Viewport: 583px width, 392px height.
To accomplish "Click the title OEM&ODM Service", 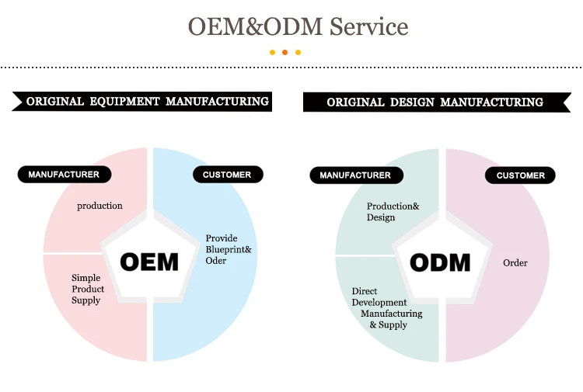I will pyautogui.click(x=298, y=27).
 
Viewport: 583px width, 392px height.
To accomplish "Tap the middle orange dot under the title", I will pyautogui.click(x=285, y=53).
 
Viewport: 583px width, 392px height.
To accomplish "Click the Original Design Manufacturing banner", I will pyautogui.click(x=435, y=102).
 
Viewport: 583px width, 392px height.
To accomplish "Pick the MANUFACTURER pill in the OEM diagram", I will pyautogui.click(x=64, y=175).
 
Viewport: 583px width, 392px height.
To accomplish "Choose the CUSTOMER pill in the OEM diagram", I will pyautogui.click(x=227, y=175).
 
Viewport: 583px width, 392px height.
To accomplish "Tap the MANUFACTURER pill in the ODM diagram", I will pyautogui.click(x=355, y=175).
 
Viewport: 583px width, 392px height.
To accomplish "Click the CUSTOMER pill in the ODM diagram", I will pyautogui.click(x=521, y=175).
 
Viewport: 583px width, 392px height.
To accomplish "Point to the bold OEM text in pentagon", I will pyautogui.click(x=149, y=262).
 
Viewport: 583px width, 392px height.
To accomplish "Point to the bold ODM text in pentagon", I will pyautogui.click(x=440, y=262).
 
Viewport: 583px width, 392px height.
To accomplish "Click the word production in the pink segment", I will pyautogui.click(x=100, y=206).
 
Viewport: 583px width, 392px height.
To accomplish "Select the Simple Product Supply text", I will pyautogui.click(x=88, y=289).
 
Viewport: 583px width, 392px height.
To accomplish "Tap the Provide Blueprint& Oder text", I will pyautogui.click(x=228, y=249).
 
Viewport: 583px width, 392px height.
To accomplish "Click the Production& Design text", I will pyautogui.click(x=393, y=212).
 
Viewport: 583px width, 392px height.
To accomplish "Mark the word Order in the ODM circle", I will pyautogui.click(x=515, y=262).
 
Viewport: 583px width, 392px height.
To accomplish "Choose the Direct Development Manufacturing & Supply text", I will pyautogui.click(x=386, y=308).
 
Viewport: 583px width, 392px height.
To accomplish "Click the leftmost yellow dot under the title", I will pyautogui.click(x=272, y=53).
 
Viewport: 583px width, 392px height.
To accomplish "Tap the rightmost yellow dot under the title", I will pyautogui.click(x=298, y=53).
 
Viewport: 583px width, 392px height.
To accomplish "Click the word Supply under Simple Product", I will pyautogui.click(x=86, y=300).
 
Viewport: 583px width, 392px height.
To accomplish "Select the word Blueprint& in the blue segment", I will pyautogui.click(x=229, y=249).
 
